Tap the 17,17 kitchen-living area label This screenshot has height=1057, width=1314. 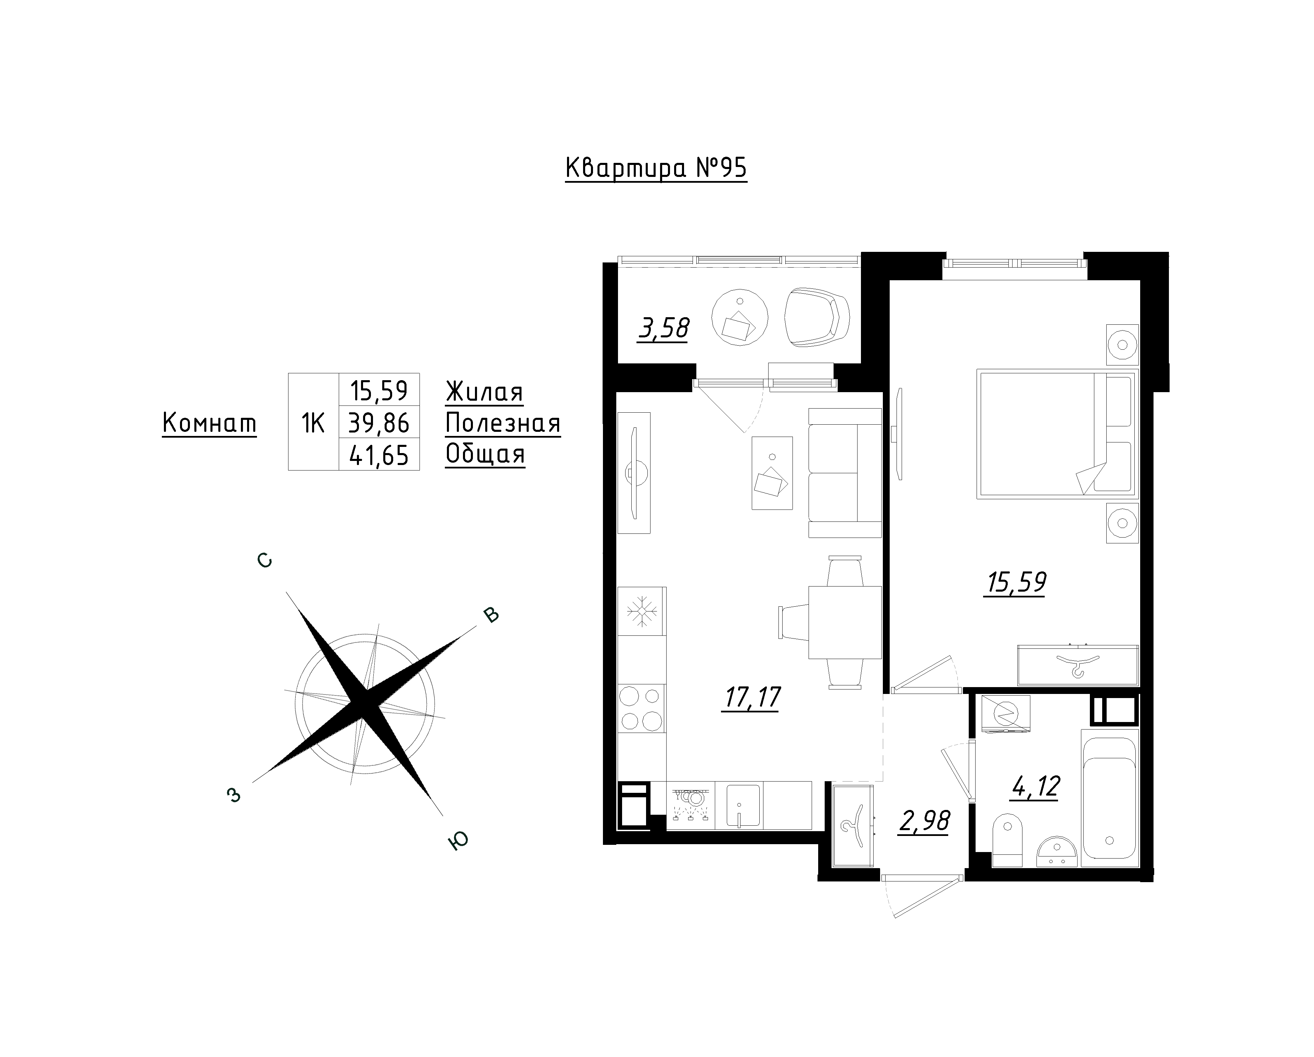[x=751, y=697]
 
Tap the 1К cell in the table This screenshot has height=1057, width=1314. [x=313, y=422]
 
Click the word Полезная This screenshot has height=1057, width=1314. [x=503, y=423]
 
